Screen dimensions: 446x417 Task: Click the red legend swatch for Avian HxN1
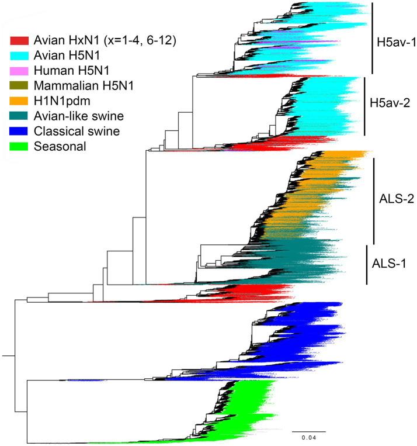pos(19,41)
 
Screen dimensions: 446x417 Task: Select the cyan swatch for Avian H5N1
pos(19,56)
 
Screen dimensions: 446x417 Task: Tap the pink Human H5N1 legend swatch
pos(19,71)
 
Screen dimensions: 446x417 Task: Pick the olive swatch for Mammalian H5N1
pos(19,87)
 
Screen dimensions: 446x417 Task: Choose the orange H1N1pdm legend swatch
pos(19,101)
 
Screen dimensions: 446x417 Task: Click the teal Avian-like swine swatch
pos(19,116)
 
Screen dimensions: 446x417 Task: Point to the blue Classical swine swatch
pos(19,132)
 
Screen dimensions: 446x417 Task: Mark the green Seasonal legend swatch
pos(19,146)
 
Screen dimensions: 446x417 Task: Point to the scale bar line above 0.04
pos(309,431)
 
